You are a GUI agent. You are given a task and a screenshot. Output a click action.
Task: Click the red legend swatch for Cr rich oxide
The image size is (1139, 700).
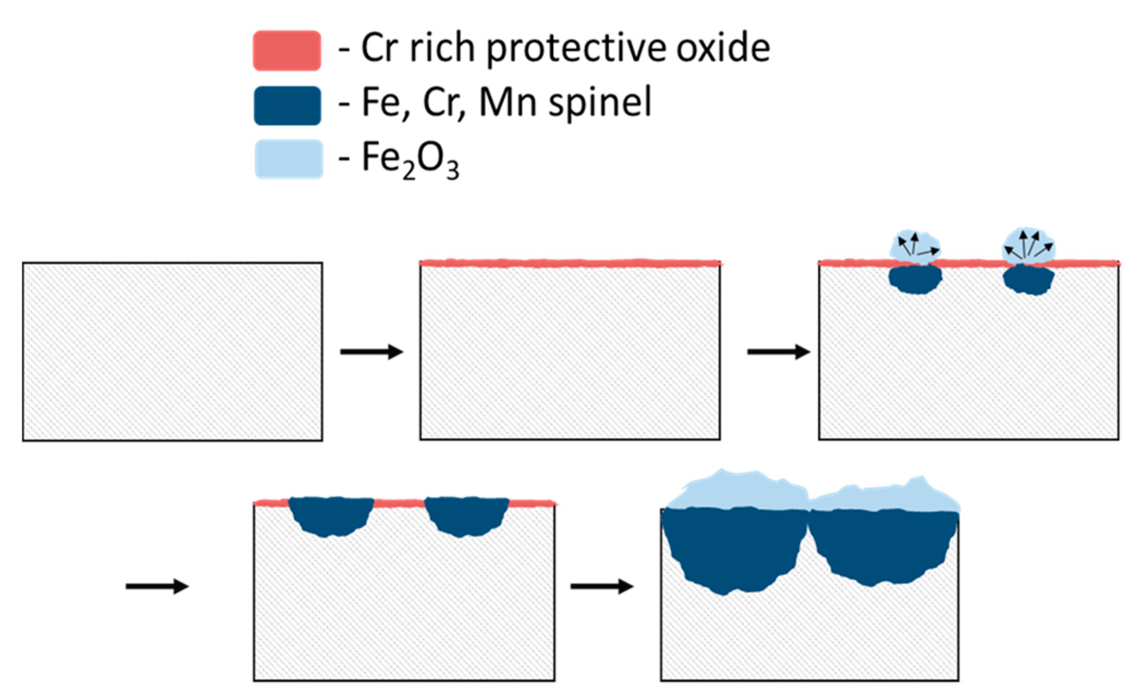287,50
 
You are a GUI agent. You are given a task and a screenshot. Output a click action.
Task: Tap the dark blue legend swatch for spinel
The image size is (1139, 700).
287,105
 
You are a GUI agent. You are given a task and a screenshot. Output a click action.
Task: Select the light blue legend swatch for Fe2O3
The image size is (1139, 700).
289,159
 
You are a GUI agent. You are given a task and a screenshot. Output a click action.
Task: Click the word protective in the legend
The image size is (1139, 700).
576,49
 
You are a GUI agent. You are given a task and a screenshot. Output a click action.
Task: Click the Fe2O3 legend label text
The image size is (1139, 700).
410,160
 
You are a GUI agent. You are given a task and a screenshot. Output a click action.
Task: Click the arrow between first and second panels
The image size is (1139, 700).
371,352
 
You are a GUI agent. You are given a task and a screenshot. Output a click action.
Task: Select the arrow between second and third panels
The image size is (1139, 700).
779,352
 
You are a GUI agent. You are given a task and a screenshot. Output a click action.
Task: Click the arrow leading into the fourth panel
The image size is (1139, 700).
157,586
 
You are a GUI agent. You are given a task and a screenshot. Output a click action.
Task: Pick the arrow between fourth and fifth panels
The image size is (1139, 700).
602,586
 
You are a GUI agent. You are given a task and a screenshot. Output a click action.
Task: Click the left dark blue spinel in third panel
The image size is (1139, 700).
915,280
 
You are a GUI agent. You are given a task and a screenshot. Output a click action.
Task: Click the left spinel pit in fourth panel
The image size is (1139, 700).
331,515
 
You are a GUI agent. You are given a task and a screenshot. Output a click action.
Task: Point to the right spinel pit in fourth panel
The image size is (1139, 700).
466,515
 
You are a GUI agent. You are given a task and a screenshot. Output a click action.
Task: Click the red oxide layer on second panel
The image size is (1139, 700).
570,263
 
